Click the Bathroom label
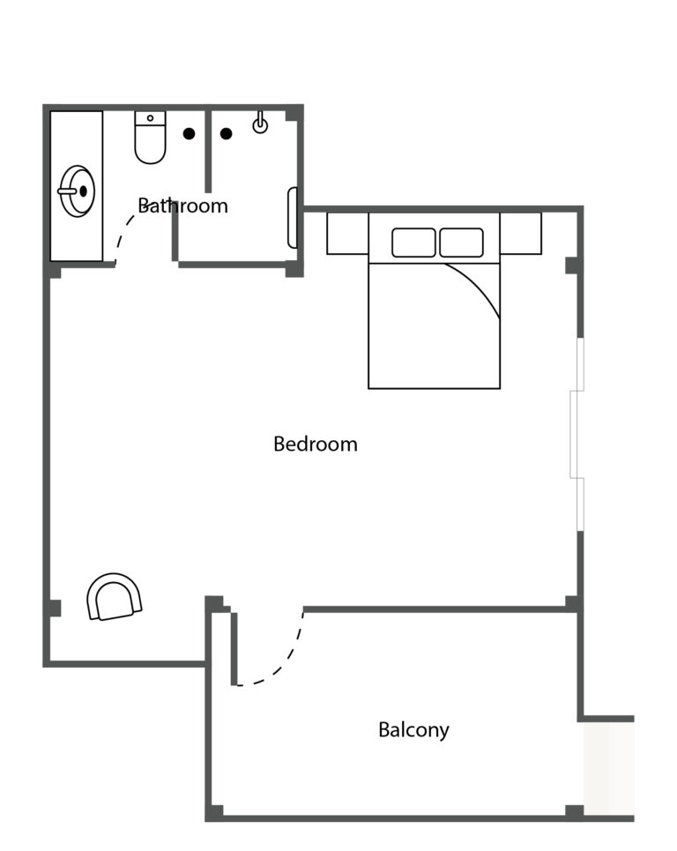[182, 205]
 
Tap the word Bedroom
[316, 444]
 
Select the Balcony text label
[413, 730]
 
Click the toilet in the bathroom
[150, 138]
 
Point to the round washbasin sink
[77, 191]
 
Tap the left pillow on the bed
[413, 243]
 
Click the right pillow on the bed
[461, 243]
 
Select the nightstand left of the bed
[347, 234]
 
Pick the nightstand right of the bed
[521, 234]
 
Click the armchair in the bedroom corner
[114, 596]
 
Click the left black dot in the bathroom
[189, 133]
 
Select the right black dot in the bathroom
[227, 133]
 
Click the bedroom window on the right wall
[577, 434]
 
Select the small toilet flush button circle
[150, 118]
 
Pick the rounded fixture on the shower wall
[293, 218]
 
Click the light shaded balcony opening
[608, 768]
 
